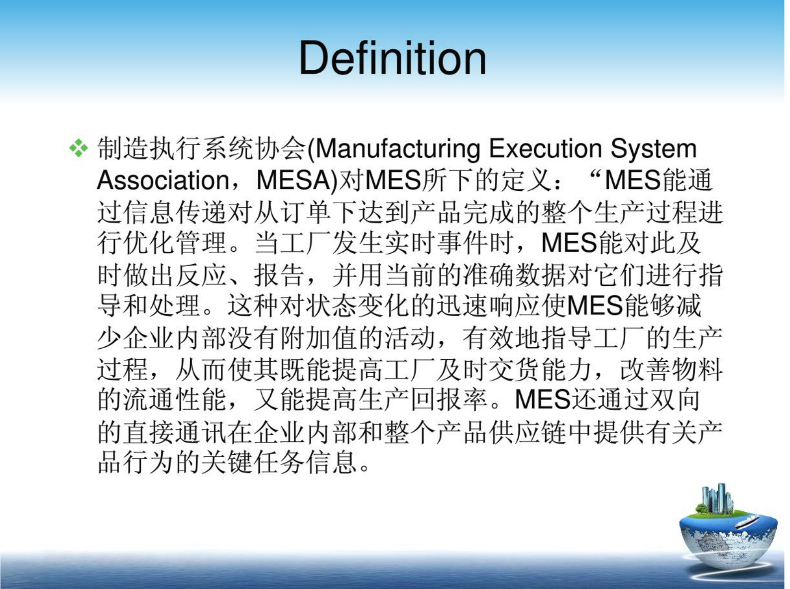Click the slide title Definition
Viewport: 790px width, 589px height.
(392, 58)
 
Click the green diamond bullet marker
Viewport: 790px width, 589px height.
(78, 148)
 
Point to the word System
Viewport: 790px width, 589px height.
(653, 148)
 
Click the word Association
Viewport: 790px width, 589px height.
(163, 180)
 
